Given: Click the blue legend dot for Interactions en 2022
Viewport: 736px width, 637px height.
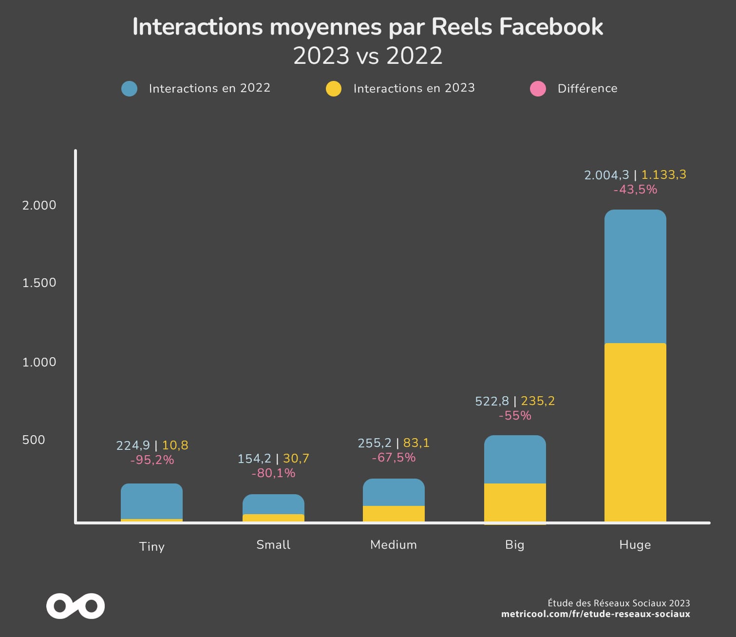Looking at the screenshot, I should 129,89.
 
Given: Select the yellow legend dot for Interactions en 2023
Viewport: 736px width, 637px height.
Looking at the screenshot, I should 334,89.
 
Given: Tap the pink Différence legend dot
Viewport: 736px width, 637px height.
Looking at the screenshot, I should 538,89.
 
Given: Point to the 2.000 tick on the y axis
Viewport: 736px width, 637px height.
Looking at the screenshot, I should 39,205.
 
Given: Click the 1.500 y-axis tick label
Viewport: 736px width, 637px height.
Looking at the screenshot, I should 39,283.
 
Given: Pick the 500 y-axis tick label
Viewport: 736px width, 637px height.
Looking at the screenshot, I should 34,440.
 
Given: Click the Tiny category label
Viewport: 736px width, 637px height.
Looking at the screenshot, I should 152,546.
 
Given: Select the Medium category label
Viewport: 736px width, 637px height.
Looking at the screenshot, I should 394,545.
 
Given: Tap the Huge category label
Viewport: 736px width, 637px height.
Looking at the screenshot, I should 635,545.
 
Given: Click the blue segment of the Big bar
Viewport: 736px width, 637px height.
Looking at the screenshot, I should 515,460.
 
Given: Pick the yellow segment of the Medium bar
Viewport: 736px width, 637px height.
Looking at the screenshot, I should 394,514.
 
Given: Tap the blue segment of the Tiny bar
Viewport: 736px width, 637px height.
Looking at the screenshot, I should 151,501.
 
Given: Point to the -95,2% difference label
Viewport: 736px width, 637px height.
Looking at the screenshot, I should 152,460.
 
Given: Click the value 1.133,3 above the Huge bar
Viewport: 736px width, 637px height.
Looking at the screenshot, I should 663,174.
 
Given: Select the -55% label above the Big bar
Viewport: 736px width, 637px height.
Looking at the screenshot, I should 515,416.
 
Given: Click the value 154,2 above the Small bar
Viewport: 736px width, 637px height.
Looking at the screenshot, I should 254,459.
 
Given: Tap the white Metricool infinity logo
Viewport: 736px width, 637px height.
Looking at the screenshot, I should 75,606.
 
